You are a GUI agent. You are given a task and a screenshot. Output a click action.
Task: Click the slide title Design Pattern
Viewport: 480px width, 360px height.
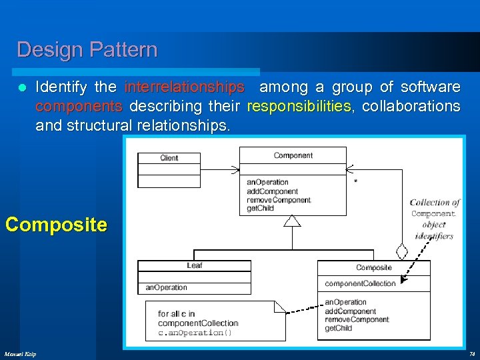click(87, 50)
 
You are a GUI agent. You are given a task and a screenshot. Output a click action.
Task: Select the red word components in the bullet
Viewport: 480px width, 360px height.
click(79, 107)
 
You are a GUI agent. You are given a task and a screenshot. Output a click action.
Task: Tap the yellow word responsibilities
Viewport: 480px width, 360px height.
click(298, 107)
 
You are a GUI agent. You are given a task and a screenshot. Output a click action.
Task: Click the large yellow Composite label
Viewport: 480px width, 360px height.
click(56, 225)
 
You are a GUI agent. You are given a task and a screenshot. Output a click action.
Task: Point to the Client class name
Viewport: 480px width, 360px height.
click(169, 158)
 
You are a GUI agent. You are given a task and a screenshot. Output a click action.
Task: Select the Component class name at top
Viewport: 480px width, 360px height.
click(293, 155)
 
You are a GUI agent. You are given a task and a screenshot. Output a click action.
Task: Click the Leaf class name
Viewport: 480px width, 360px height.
click(194, 265)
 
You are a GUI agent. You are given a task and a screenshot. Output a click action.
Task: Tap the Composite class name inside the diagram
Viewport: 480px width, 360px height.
click(373, 267)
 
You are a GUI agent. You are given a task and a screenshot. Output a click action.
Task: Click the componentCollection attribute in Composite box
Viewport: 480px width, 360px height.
click(360, 283)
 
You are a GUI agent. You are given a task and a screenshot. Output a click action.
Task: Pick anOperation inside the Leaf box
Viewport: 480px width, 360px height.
click(166, 288)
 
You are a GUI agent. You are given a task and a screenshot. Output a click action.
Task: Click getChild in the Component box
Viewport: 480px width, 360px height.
click(261, 209)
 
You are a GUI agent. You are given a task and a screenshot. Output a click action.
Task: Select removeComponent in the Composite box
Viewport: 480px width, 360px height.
click(357, 320)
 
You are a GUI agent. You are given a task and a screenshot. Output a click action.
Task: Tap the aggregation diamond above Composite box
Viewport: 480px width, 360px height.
click(402, 253)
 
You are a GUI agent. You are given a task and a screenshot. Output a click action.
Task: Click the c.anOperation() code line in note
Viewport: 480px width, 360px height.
click(195, 333)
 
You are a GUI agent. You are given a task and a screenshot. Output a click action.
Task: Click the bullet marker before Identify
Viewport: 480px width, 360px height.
click(22, 88)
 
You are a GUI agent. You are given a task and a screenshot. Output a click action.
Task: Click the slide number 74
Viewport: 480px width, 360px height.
click(471, 353)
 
